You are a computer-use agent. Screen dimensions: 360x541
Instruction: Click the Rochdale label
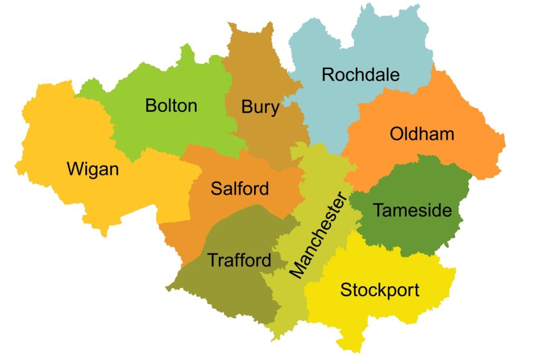pyautogui.click(x=360, y=74)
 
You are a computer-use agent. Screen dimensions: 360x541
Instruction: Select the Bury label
pyautogui.click(x=260, y=108)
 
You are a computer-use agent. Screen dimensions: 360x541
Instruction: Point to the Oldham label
pyautogui.click(x=422, y=134)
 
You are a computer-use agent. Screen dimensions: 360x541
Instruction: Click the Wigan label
pyautogui.click(x=93, y=169)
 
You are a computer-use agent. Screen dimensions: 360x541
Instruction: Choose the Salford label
pyautogui.click(x=240, y=188)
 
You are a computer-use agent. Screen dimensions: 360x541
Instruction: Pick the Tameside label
pyautogui.click(x=413, y=210)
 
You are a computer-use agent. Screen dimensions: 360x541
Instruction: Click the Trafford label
pyautogui.click(x=239, y=260)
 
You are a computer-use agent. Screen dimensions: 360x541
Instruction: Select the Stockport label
pyautogui.click(x=379, y=289)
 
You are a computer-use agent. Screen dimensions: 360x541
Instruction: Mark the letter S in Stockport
pyautogui.click(x=346, y=290)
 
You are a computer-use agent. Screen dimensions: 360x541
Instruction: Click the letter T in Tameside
pyautogui.click(x=378, y=210)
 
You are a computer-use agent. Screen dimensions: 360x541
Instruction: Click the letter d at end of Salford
pyautogui.click(x=264, y=188)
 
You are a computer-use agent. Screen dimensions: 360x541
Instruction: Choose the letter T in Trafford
pyautogui.click(x=211, y=260)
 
